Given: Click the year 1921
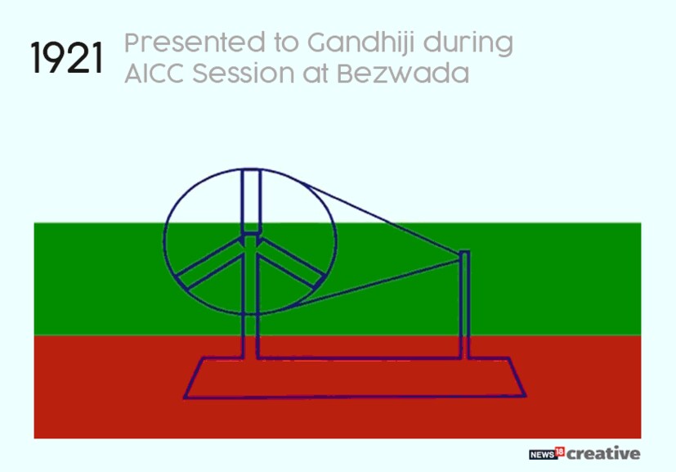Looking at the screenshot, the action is pos(67,58).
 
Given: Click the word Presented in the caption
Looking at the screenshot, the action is pos(195,43).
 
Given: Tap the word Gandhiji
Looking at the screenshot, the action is pos(361,43).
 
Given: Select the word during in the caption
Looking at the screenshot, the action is pos(468,44).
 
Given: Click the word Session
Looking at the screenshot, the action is pos(243,73).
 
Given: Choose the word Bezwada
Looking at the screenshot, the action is pos(403,73).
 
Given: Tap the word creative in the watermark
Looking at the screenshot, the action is pos(603,453).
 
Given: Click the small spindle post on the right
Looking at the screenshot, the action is pos(465,304).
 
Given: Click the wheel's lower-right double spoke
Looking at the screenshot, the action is pos(291,263).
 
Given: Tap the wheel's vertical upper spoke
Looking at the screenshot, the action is pos(251,201).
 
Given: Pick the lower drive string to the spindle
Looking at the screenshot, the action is pos(377,282).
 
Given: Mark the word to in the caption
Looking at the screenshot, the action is pos(286,43).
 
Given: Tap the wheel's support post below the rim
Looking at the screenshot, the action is pos(251,336).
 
